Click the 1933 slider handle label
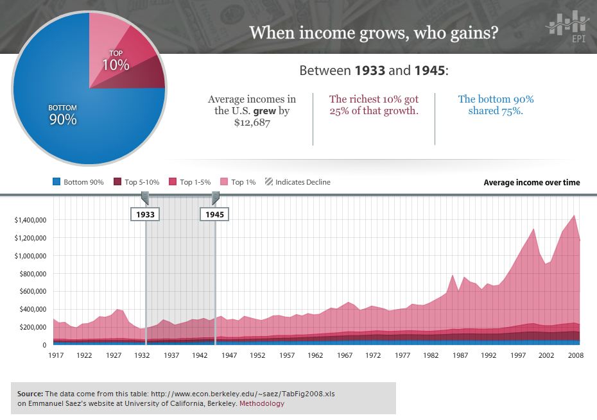[x=146, y=214]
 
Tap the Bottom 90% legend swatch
[x=56, y=182]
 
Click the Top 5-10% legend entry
[x=134, y=182]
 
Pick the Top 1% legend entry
[x=238, y=182]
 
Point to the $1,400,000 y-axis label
[x=30, y=220]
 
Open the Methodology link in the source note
[x=262, y=404]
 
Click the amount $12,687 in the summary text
[x=252, y=122]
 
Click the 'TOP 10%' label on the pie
[x=116, y=61]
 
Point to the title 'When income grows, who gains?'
[x=374, y=32]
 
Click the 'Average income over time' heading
[x=532, y=183]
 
